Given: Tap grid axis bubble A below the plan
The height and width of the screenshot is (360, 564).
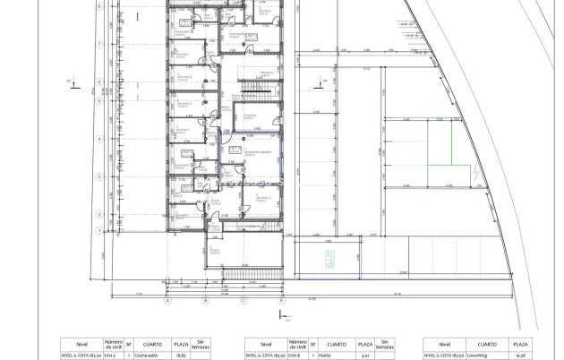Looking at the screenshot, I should [167, 302].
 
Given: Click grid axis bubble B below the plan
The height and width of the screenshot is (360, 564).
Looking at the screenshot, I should [205, 302].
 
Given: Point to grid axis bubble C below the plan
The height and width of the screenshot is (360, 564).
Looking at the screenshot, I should [243, 302].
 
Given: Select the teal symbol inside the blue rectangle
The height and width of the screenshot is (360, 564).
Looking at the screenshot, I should [329, 260].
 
